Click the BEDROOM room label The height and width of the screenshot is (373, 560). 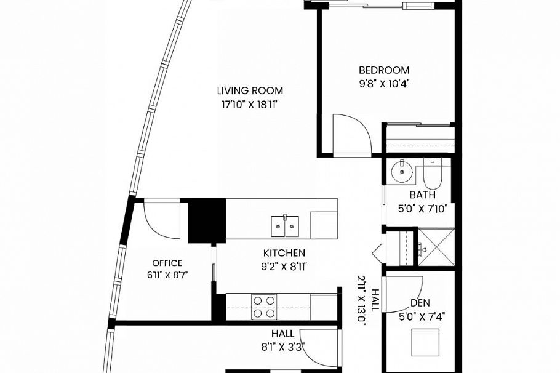tap(384, 70)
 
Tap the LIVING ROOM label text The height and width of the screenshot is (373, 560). tap(250, 90)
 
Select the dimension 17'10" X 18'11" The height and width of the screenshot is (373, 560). tap(250, 105)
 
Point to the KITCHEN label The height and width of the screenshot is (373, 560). tap(284, 253)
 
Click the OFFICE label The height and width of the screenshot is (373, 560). tap(167, 263)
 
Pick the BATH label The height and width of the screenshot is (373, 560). tap(423, 195)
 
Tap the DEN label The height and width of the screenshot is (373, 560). tap(420, 303)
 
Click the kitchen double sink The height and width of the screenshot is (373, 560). tap(285, 226)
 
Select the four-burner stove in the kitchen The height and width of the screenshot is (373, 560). tap(265, 307)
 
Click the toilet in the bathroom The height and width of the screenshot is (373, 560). tap(433, 174)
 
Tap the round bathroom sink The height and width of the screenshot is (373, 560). tap(402, 172)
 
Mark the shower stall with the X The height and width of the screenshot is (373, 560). tap(436, 247)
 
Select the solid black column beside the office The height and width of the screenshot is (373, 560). tap(207, 221)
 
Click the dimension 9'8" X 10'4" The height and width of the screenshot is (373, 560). tap(384, 84)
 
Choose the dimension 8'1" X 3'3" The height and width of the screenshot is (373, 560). tap(283, 347)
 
